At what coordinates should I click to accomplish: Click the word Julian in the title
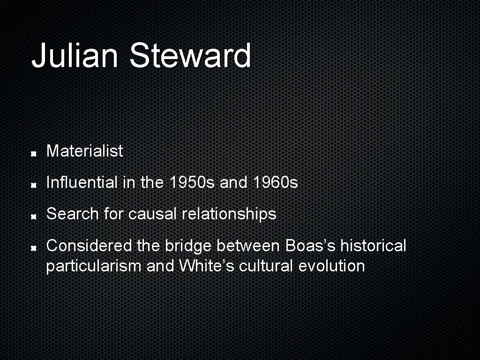75,55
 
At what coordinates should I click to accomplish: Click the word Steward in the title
190,55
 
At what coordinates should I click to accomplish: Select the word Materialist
84,151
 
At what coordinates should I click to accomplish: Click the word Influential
82,182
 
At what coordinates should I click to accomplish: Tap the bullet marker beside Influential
34,185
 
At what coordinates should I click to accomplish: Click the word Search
73,214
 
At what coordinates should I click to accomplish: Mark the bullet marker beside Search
34,216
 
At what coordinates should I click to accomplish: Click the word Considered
90,245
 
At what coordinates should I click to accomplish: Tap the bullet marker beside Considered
34,247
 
